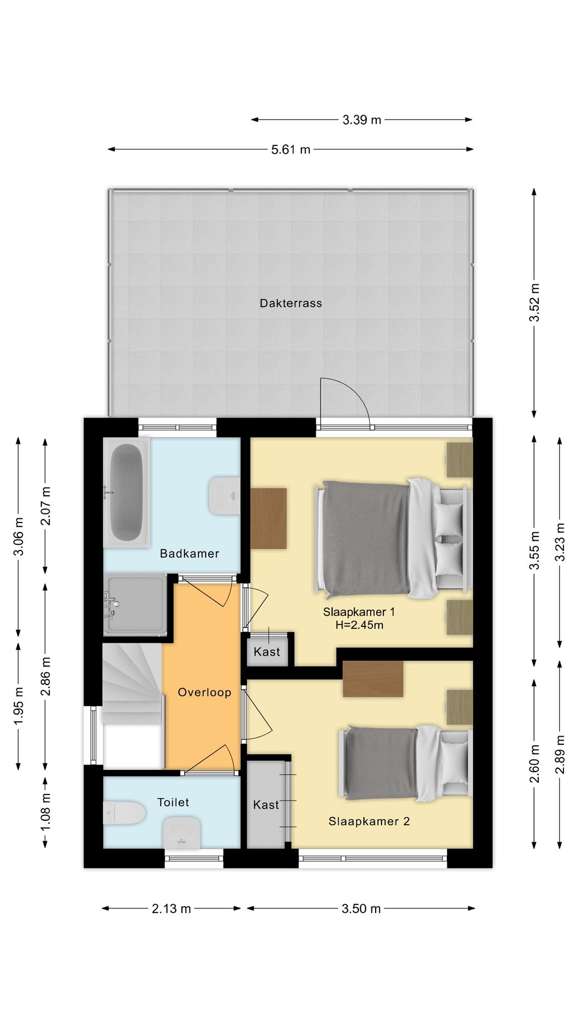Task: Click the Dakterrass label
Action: tap(291, 303)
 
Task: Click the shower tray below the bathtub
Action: tap(135, 604)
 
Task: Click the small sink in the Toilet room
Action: tap(182, 833)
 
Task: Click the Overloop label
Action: tap(204, 692)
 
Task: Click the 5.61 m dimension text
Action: tap(291, 150)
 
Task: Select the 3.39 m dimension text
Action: tap(362, 120)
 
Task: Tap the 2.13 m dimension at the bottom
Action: tap(171, 909)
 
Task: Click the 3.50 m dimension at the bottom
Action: tap(361, 909)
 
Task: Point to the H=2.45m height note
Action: tap(359, 625)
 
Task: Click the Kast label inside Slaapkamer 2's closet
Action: tap(266, 805)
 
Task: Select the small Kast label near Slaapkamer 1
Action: tap(267, 652)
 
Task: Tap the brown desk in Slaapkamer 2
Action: tap(373, 679)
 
